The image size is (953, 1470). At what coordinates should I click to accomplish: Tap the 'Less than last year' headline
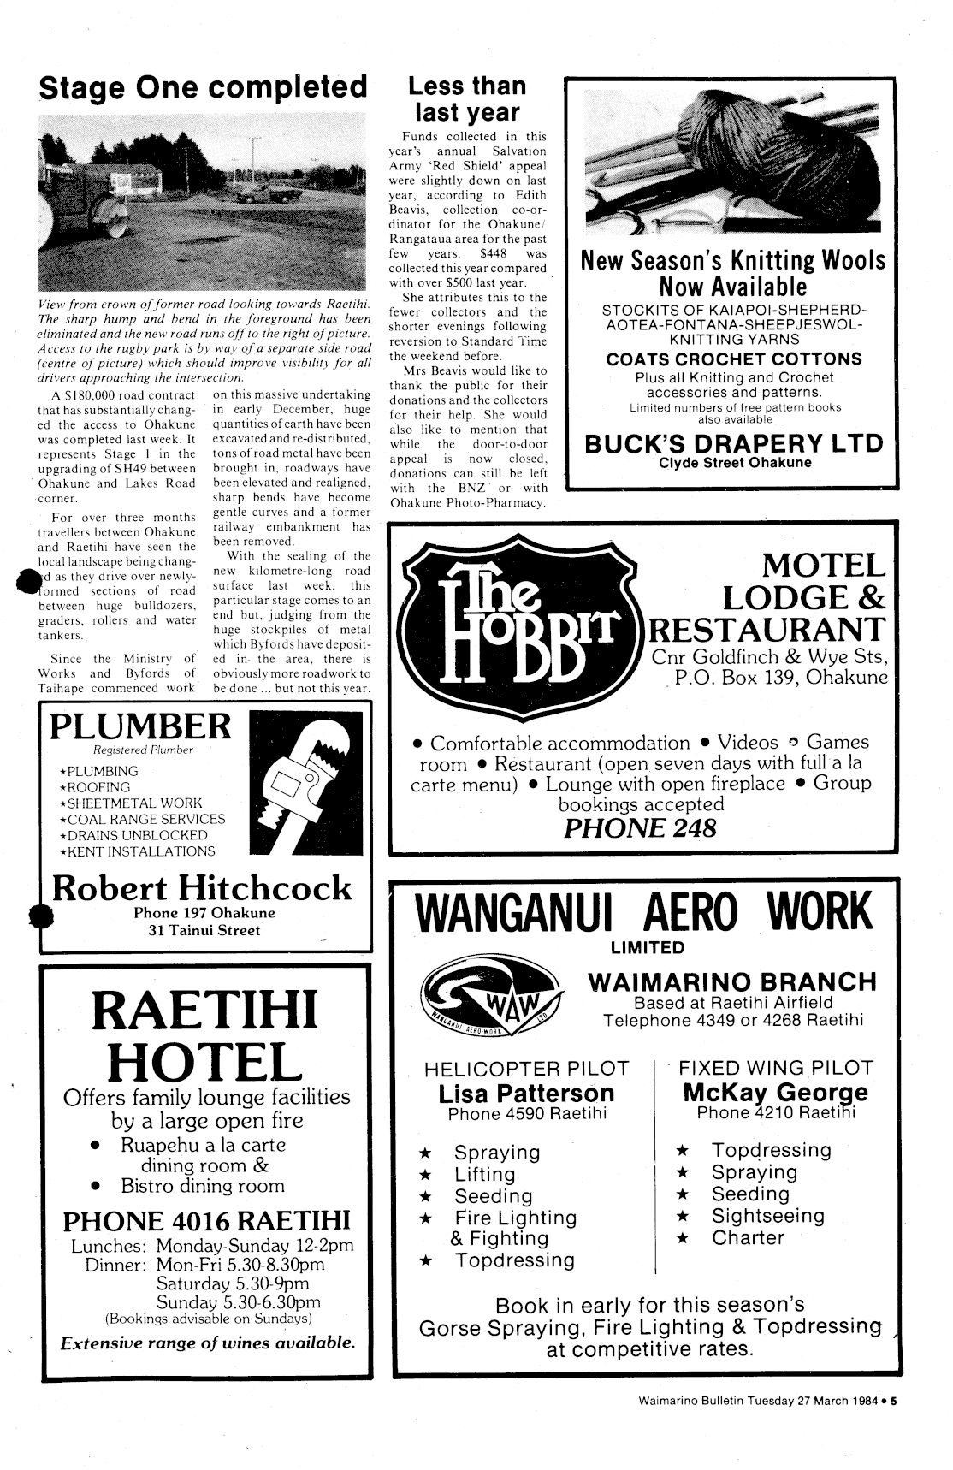tap(466, 99)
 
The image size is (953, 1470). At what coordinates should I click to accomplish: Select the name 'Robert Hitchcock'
tap(202, 887)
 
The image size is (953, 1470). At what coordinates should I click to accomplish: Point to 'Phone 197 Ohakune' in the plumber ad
tap(204, 913)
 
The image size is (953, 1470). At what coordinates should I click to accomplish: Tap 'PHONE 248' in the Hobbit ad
tap(640, 828)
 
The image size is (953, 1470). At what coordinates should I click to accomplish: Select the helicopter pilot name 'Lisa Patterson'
tap(526, 1093)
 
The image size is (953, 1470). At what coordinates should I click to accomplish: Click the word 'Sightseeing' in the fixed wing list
tap(768, 1216)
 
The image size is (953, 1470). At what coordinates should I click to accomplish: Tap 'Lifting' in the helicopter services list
tap(485, 1174)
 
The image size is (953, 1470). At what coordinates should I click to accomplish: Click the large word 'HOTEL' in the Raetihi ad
tap(205, 1059)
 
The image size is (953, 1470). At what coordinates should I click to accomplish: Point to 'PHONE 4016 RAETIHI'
tap(207, 1219)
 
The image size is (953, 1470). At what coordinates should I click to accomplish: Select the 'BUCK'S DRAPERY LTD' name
tap(733, 443)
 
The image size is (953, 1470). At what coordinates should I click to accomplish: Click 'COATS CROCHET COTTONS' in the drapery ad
tap(734, 359)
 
